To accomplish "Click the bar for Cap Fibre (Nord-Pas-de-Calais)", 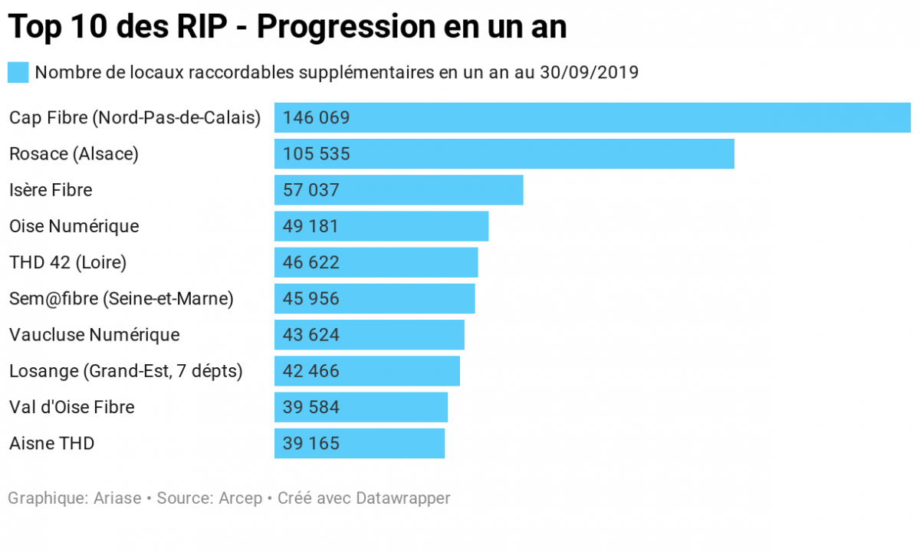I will [592, 118].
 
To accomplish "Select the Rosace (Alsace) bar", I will [504, 154].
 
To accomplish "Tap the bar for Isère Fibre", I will [399, 190].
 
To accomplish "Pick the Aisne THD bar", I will [360, 443].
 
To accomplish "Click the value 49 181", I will [310, 226].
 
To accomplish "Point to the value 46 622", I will [311, 262].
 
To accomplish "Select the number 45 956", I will [311, 298].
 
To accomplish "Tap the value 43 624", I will [311, 335].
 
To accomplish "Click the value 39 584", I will [311, 407].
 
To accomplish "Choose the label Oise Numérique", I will [74, 226].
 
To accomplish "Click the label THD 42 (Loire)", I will [67, 262].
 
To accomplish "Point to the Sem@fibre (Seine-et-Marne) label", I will [121, 298].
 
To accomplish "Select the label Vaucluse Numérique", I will [94, 335].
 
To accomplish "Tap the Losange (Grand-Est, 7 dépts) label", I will [126, 371].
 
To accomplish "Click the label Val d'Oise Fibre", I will [72, 407].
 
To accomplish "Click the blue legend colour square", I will [18, 73].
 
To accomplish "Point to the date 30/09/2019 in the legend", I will [589, 73].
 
